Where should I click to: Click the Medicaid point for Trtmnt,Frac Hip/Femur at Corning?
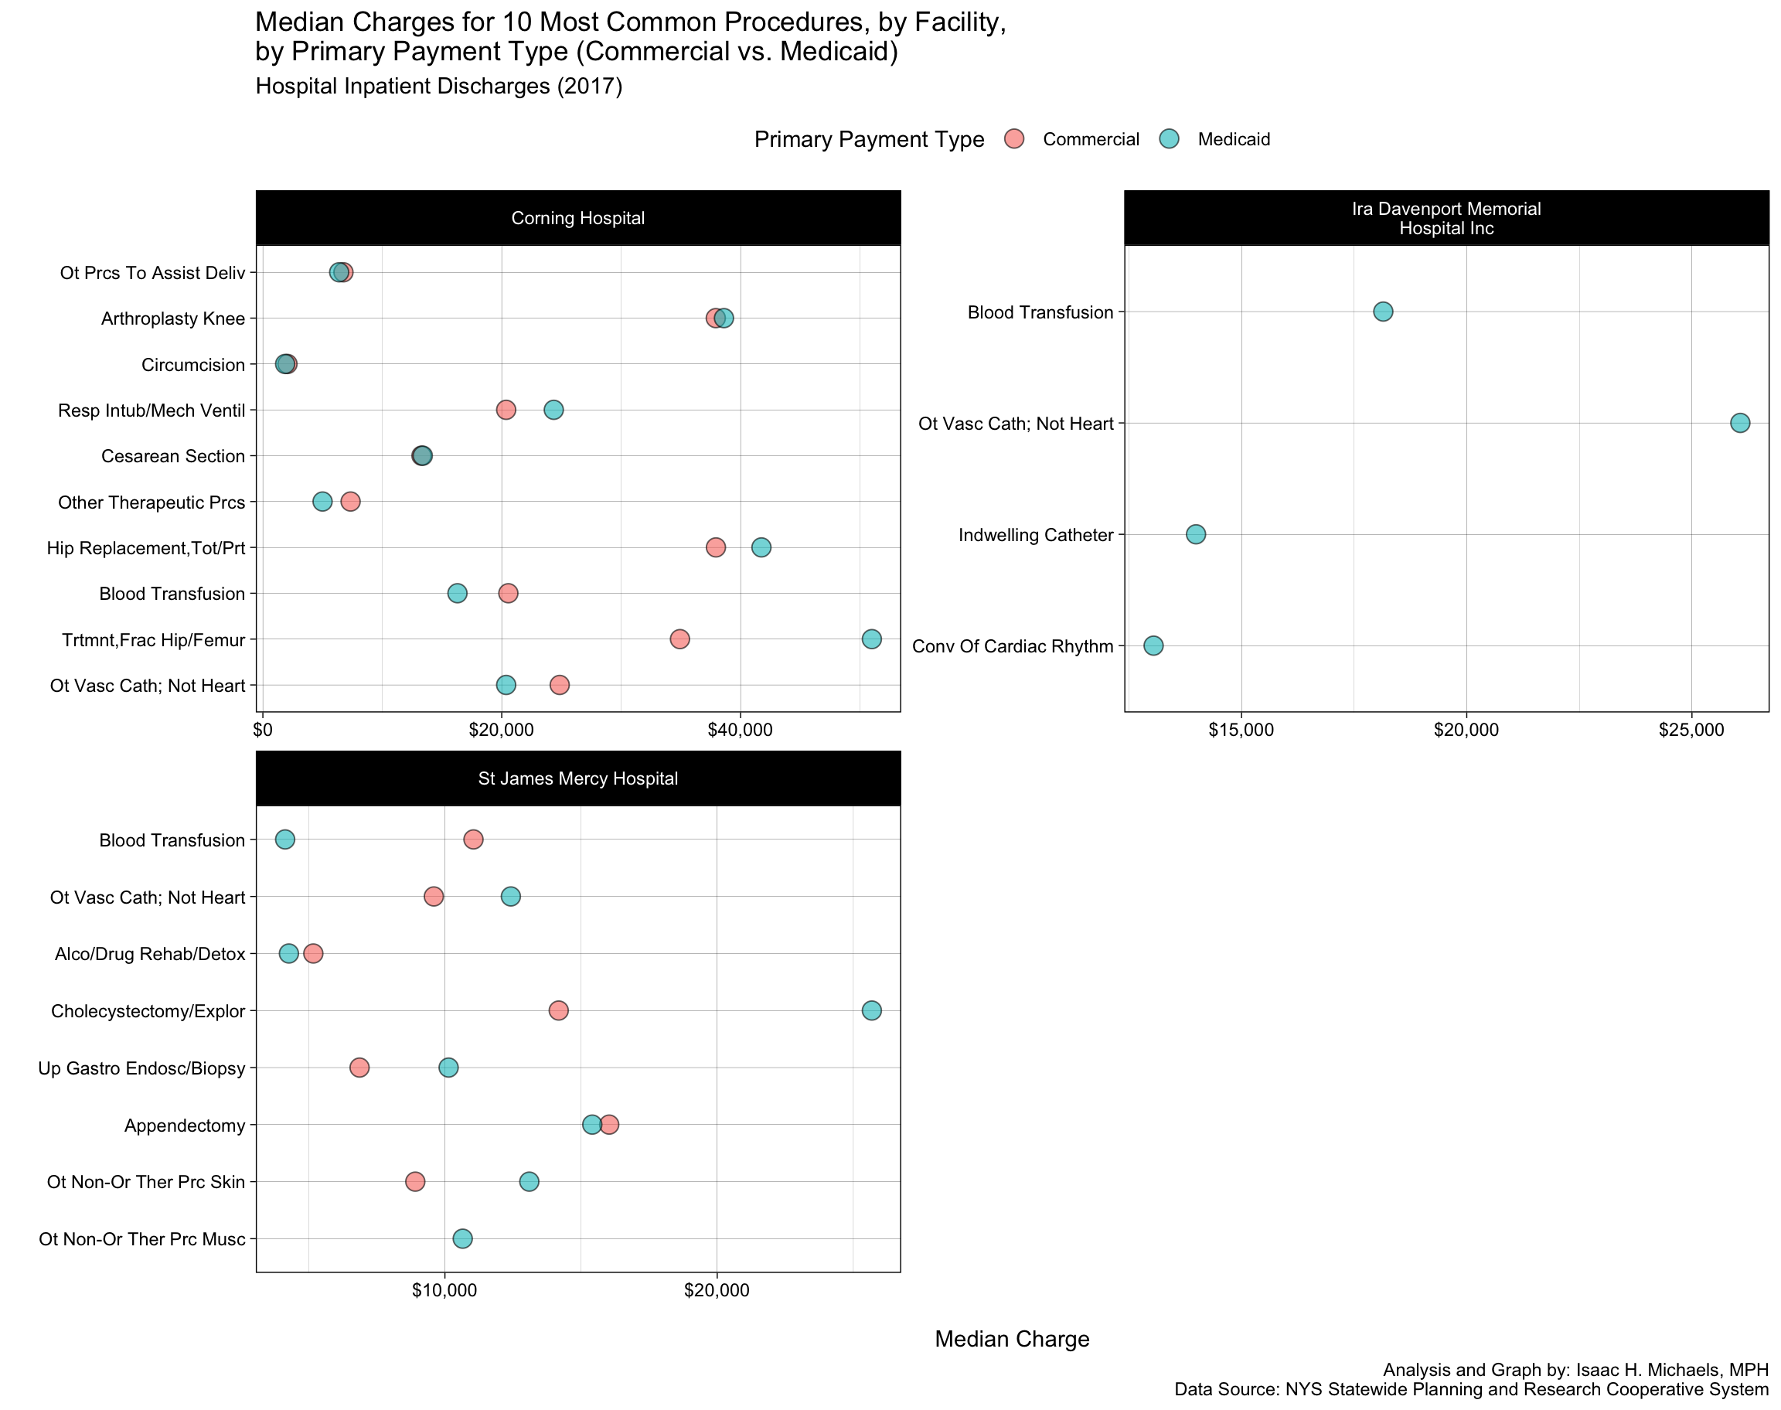[x=871, y=639]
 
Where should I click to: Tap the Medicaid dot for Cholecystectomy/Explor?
[x=871, y=1010]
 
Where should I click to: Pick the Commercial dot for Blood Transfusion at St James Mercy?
[x=473, y=840]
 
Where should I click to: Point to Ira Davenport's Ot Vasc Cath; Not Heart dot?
[x=1740, y=424]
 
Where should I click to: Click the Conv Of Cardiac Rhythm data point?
[x=1153, y=645]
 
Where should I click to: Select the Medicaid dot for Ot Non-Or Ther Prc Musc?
[x=463, y=1238]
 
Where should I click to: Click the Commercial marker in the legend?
[x=1014, y=138]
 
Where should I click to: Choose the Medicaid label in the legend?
[x=1233, y=139]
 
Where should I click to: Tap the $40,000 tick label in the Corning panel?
[x=741, y=731]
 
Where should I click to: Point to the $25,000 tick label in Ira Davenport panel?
[x=1691, y=731]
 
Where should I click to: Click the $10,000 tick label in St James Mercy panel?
[x=444, y=1290]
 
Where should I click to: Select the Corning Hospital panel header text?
[x=577, y=219]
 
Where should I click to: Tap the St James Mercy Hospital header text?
[x=577, y=778]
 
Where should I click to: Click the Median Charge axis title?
[x=1012, y=1339]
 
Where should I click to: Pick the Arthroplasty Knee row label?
[x=172, y=318]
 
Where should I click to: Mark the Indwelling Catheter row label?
[x=1036, y=535]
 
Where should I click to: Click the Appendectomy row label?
[x=185, y=1126]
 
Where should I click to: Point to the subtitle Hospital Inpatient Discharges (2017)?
[x=439, y=87]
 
